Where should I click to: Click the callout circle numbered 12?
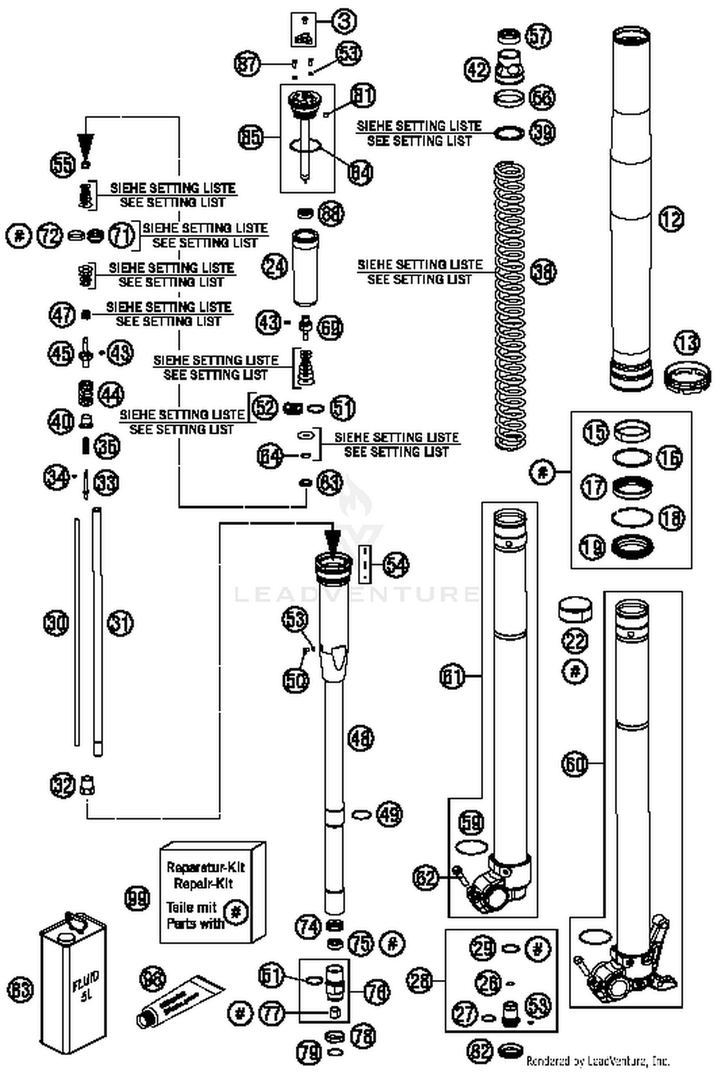click(671, 219)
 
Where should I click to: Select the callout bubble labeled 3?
click(344, 21)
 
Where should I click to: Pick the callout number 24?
click(275, 266)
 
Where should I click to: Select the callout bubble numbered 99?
click(137, 898)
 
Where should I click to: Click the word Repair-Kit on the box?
click(203, 884)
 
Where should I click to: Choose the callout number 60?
click(575, 764)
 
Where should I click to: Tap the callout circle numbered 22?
click(575, 641)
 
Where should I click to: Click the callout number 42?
click(477, 69)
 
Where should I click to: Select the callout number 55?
click(63, 165)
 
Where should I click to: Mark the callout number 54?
click(396, 564)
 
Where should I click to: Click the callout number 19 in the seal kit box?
click(592, 547)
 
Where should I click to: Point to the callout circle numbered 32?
click(63, 785)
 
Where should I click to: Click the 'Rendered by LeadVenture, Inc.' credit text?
click(598, 1060)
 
